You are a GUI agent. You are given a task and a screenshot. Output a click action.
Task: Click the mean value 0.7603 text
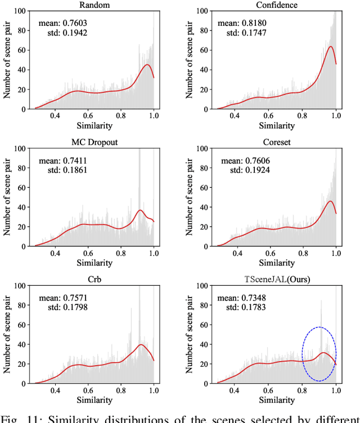pos(63,23)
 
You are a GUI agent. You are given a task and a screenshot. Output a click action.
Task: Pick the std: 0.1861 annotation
pos(63,169)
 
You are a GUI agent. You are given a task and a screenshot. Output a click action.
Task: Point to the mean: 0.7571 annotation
pos(63,298)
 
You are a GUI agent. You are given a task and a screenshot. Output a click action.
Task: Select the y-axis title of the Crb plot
pos(8,334)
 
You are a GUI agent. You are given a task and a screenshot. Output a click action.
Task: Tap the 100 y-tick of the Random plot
pos(20,11)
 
